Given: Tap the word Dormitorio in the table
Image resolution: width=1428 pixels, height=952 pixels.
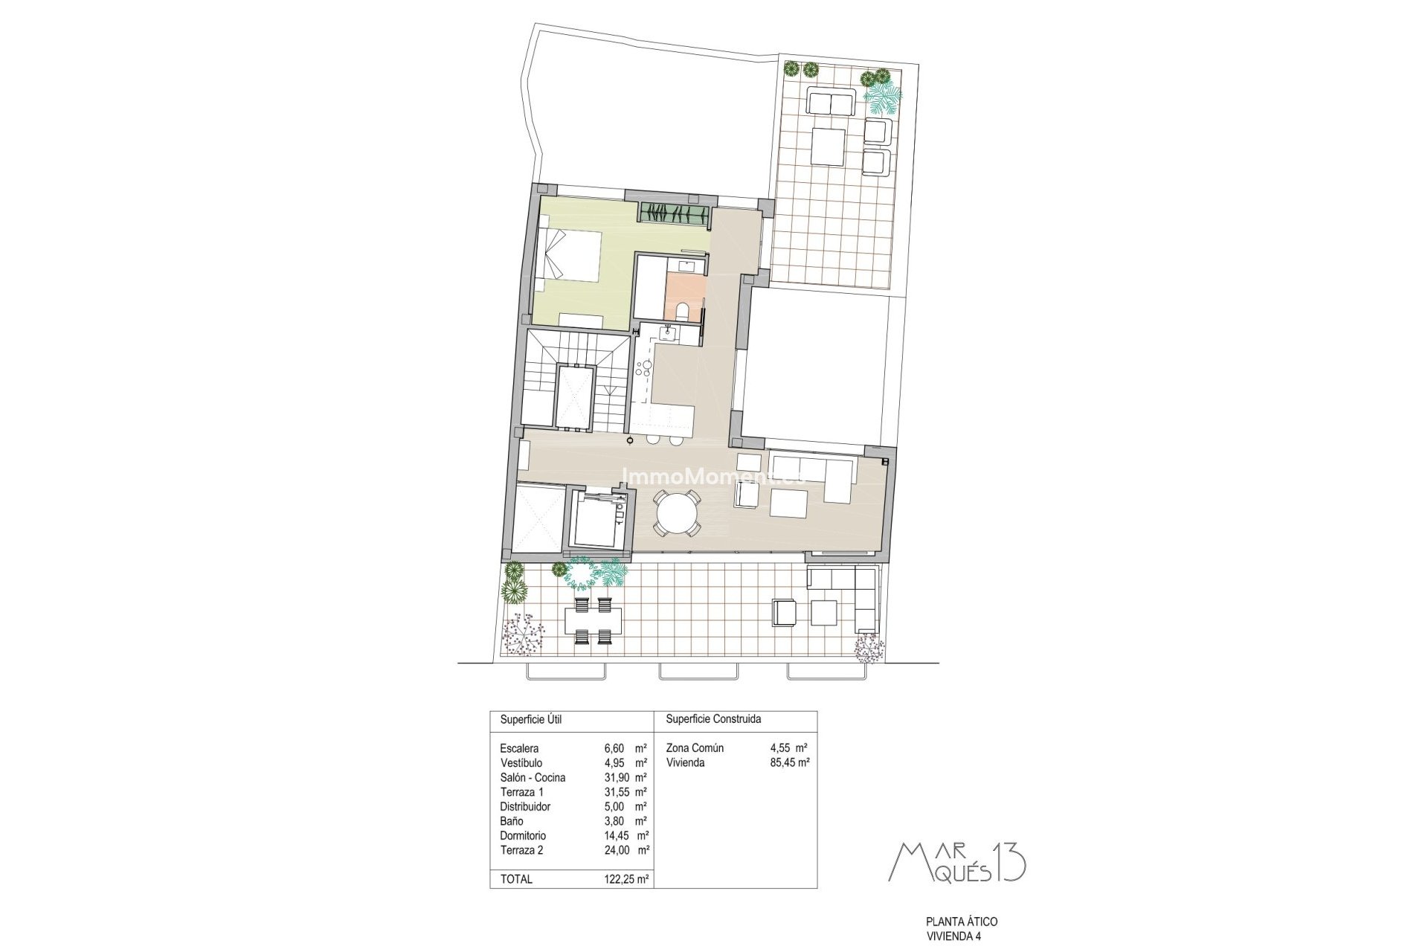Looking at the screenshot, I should coord(523,835).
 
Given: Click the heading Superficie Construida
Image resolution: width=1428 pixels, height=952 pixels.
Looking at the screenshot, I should coord(713,719).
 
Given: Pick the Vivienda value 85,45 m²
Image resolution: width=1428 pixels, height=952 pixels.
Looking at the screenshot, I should coord(789,762).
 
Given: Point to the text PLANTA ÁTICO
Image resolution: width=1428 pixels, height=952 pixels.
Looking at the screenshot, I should coord(961,922).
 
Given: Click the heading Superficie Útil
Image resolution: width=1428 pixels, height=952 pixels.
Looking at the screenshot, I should coord(530,719).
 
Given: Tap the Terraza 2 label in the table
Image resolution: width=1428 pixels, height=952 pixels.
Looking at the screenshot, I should coord(521,850).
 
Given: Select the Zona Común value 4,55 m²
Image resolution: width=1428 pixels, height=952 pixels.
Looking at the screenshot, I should coord(788,748).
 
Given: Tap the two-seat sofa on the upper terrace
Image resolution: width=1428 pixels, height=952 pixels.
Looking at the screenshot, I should coord(831,102).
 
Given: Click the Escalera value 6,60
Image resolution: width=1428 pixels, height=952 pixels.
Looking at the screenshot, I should coord(617,748).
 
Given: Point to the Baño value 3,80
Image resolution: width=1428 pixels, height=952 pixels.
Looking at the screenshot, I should coord(617,821).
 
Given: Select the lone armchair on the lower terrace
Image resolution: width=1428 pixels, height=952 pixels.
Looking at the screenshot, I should coord(784,612).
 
